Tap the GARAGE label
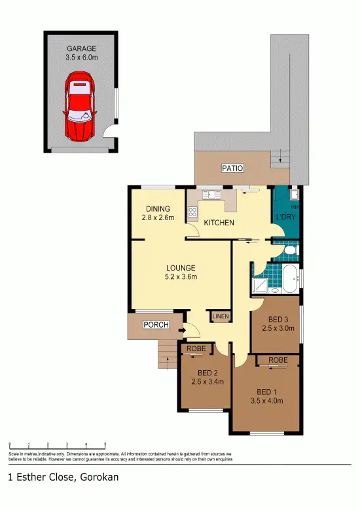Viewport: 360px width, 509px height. pyautogui.click(x=81, y=48)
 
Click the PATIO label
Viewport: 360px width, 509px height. pyautogui.click(x=232, y=168)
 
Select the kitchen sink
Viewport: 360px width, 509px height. pyautogui.click(x=211, y=194)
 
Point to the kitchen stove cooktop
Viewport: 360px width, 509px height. pyautogui.click(x=193, y=212)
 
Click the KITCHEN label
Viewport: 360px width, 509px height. pyautogui.click(x=219, y=223)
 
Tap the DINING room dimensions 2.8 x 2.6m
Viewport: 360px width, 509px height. pyautogui.click(x=158, y=217)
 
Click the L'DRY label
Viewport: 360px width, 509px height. pyautogui.click(x=285, y=216)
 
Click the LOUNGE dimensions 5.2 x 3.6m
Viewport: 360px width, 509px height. pyautogui.click(x=180, y=276)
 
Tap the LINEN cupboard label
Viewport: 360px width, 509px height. pyautogui.click(x=219, y=316)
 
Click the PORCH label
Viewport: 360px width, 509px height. pyautogui.click(x=156, y=325)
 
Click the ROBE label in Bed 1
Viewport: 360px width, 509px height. pyautogui.click(x=278, y=360)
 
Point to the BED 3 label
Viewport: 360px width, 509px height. pyautogui.click(x=275, y=319)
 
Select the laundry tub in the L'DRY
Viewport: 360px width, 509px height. pyautogui.click(x=295, y=195)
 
